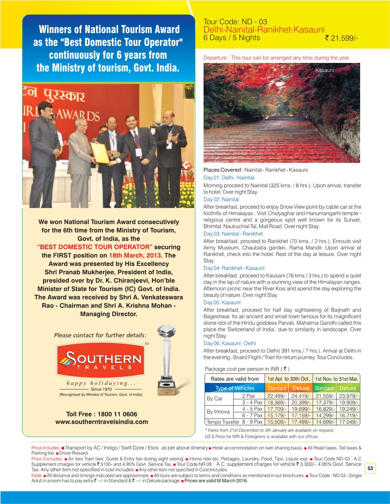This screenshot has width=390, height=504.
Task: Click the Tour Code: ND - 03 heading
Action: pyautogui.click(x=235, y=21)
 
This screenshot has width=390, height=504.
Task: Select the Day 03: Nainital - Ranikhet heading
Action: pyautogui.click(x=233, y=233)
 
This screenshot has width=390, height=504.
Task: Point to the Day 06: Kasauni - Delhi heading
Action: pyautogui.click(x=229, y=343)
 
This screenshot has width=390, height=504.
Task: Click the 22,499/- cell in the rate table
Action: pyautogui.click(x=277, y=396)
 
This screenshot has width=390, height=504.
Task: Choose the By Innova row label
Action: pyautogui.click(x=218, y=412)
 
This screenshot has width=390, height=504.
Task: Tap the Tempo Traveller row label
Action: pyautogui.click(x=222, y=422)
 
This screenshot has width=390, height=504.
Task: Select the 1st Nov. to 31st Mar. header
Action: pyautogui.click(x=337, y=379)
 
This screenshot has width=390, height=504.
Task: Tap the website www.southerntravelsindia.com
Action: pyautogui.click(x=102, y=422)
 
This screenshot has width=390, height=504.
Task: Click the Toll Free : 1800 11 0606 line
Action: pyautogui.click(x=102, y=414)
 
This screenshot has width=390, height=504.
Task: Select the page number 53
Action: pyautogui.click(x=371, y=469)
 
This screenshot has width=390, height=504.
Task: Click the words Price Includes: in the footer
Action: pyautogui.click(x=46, y=448)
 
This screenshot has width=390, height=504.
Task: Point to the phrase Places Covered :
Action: pyautogui.click(x=223, y=170)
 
